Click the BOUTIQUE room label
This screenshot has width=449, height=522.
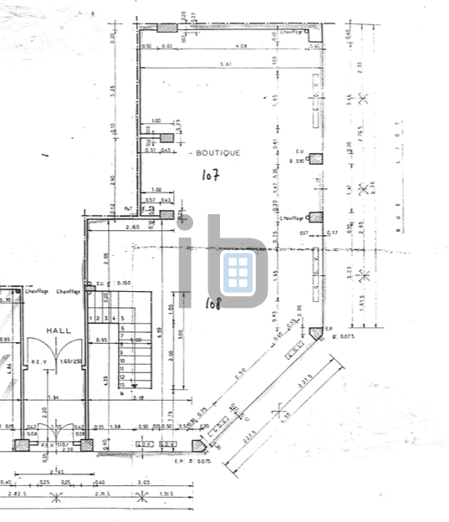(x=216, y=153)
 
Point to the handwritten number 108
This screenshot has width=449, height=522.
(x=212, y=304)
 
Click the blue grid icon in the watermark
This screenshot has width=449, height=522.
(x=237, y=271)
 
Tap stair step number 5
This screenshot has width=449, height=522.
(x=123, y=319)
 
